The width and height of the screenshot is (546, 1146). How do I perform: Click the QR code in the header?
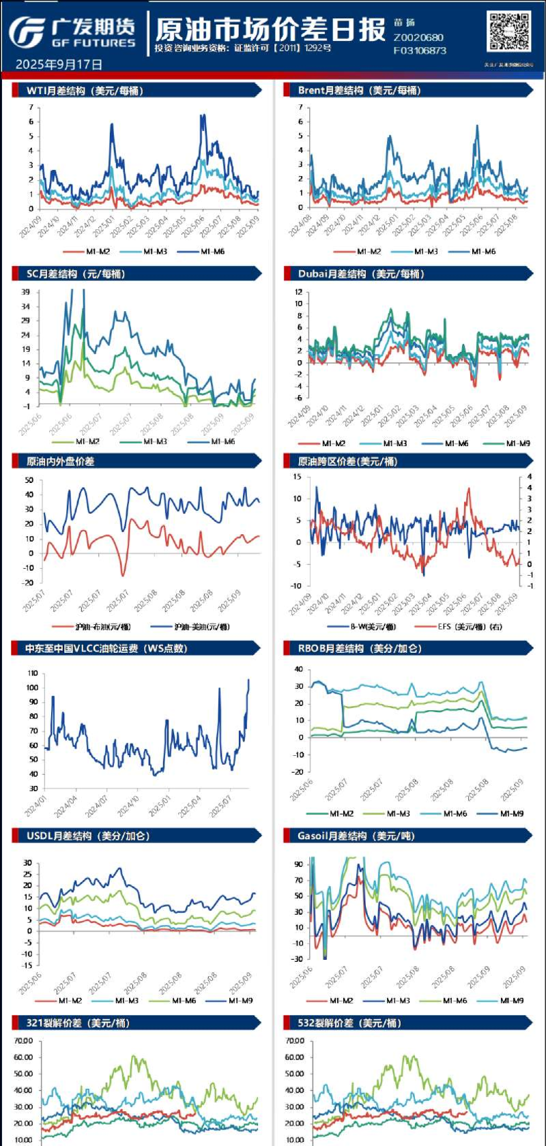click(x=508, y=32)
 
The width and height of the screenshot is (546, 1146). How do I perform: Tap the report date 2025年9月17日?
click(x=59, y=65)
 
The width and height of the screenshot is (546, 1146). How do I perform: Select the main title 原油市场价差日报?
click(x=270, y=29)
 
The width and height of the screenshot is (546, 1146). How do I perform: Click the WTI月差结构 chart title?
click(x=85, y=90)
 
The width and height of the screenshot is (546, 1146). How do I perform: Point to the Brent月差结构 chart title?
click(x=359, y=90)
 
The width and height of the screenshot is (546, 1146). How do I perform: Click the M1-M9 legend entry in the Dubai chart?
click(x=518, y=443)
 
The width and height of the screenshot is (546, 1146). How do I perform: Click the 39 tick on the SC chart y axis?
click(x=25, y=292)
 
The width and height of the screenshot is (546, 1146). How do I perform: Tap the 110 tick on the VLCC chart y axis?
click(x=32, y=673)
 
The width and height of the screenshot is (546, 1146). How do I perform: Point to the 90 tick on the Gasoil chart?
click(x=298, y=864)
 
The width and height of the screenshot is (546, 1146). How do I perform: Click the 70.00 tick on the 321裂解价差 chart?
click(x=23, y=1041)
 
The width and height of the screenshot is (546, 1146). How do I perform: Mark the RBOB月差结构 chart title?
click(x=360, y=649)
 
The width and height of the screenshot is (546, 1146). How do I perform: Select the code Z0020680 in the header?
click(x=418, y=38)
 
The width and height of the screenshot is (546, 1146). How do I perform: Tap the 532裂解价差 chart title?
click(x=349, y=1023)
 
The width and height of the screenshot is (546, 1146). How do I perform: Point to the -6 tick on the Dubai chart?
click(x=298, y=397)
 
